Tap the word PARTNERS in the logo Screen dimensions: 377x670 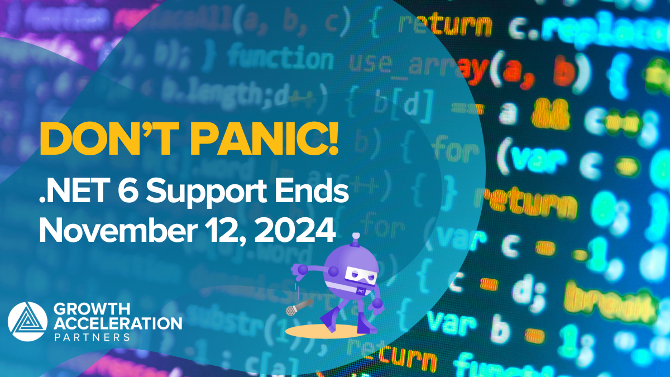click(x=92, y=337)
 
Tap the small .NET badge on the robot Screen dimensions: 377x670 click(x=360, y=291)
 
